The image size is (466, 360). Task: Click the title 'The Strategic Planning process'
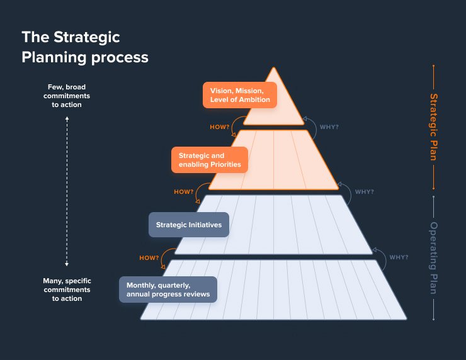click(x=85, y=47)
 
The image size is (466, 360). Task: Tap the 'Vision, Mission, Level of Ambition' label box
click(x=240, y=95)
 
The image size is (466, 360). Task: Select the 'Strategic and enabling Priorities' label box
click(x=210, y=160)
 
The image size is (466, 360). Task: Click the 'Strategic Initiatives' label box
click(x=189, y=225)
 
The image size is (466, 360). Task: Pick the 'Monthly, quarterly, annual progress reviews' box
click(x=168, y=290)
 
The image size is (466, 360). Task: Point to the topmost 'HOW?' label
click(x=219, y=127)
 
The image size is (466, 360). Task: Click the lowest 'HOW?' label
click(x=149, y=257)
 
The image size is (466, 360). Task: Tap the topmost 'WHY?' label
click(x=329, y=127)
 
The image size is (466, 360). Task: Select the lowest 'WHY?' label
click(x=399, y=257)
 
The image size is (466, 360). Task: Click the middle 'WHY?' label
click(x=364, y=192)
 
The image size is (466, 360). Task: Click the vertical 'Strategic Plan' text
click(x=433, y=127)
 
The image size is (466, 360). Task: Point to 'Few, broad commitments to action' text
click(x=67, y=96)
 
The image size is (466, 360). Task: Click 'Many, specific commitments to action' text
click(x=67, y=290)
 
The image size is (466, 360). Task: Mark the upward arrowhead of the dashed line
click(x=67, y=117)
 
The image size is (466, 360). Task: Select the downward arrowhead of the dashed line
click(x=67, y=264)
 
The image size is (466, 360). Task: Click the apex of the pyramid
click(x=273, y=68)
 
